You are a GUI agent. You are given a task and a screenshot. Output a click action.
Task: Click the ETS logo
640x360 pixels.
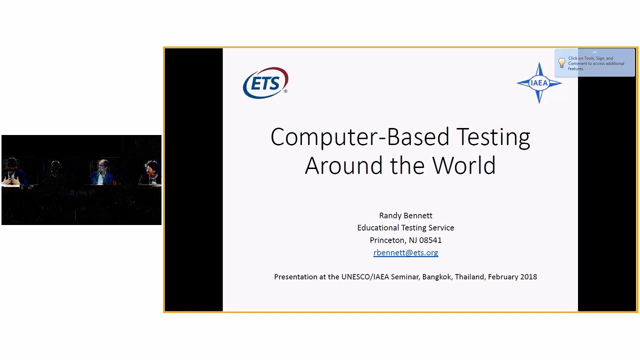pos(265,83)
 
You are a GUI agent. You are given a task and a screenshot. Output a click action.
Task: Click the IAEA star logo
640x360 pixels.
pos(539,83)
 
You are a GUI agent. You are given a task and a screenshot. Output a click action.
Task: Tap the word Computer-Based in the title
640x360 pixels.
pos(360,137)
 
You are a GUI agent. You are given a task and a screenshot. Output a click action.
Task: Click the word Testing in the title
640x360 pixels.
pos(493,137)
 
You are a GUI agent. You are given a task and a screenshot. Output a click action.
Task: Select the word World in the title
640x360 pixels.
pos(464,165)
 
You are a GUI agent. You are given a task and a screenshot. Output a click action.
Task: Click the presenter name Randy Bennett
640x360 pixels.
pos(405,215)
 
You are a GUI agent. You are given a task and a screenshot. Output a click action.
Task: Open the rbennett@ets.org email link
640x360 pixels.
pos(405,253)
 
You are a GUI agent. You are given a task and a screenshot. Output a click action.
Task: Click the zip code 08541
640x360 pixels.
pos(430,240)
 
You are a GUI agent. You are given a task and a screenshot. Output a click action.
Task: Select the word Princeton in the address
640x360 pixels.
pos(387,240)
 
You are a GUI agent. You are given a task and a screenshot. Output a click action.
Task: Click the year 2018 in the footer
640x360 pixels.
pos(528,276)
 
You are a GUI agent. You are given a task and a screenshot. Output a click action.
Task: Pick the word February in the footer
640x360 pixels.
pos(502,276)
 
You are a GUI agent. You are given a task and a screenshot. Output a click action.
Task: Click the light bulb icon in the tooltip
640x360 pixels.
pos(561,63)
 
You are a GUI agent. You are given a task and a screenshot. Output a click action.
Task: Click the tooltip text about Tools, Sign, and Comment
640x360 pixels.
pos(596,63)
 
